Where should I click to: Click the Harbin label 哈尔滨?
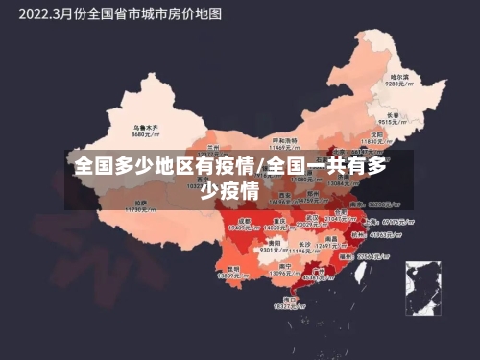click(x=398, y=76)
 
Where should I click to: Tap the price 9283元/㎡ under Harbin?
click(x=398, y=84)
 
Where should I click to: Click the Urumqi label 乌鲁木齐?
click(x=146, y=126)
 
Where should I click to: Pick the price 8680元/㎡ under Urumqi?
click(x=146, y=134)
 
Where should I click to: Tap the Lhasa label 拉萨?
click(x=141, y=202)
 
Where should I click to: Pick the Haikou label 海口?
click(x=290, y=298)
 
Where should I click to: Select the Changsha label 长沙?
click(x=304, y=243)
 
